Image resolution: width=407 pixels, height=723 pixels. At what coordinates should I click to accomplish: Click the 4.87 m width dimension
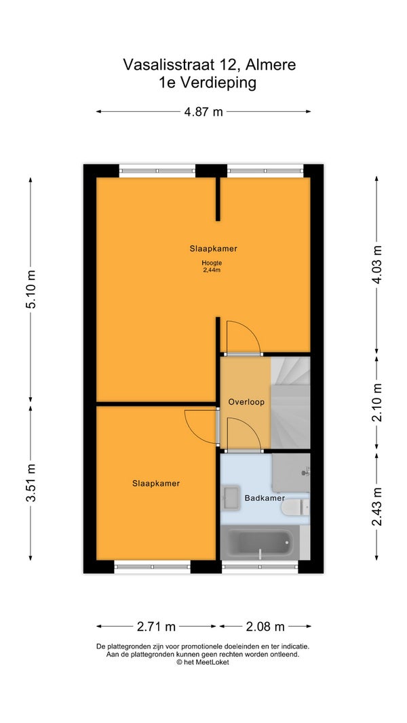203,112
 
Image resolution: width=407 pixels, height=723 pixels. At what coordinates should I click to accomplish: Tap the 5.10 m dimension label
31,289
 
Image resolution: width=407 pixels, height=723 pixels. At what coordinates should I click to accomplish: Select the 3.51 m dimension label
31,482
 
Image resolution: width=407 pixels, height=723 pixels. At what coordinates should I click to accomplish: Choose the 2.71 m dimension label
156,627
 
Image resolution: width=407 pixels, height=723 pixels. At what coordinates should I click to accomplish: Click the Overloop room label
246,402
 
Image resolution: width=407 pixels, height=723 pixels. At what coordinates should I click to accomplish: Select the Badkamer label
265,498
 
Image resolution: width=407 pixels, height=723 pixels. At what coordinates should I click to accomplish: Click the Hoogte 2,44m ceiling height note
212,266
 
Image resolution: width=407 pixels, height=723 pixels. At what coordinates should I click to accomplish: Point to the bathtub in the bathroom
260,543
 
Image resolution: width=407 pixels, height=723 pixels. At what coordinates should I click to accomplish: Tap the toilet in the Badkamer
295,508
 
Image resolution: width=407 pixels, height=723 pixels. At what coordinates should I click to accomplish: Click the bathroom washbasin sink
231,498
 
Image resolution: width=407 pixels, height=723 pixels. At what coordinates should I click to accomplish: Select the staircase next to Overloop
290,402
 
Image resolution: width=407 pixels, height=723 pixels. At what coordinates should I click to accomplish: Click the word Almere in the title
271,65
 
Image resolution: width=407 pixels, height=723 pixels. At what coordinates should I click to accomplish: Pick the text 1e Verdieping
206,83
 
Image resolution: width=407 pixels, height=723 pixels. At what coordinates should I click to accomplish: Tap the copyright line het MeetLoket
203,662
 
